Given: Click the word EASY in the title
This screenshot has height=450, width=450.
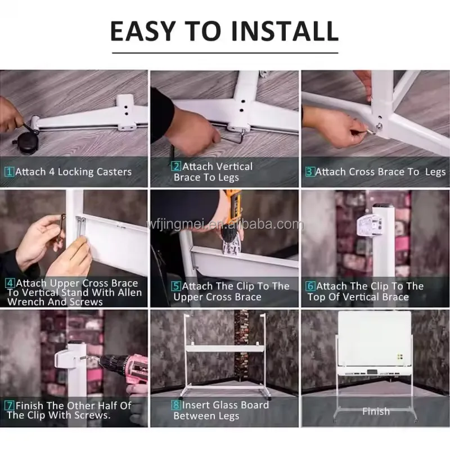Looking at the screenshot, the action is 143,31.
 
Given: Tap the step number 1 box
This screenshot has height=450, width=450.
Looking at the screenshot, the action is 9,172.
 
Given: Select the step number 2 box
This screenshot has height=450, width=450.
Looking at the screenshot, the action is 176,166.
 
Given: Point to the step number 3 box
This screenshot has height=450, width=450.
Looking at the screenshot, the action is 310,172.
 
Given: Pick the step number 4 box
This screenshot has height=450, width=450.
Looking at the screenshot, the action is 10,283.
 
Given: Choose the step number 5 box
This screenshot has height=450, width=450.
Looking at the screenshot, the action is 176,286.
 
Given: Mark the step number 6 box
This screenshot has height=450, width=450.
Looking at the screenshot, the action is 310,286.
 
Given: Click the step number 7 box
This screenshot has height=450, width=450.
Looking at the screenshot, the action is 10,406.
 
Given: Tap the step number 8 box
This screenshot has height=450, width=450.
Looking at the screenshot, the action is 176,405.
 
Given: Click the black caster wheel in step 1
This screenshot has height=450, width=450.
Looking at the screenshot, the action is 26,142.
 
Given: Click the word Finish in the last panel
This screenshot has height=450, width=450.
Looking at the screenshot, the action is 376,412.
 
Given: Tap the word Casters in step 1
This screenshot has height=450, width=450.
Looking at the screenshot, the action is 114,172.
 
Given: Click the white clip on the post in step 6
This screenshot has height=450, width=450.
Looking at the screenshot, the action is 370,226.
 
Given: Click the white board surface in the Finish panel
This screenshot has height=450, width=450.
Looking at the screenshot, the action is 375,338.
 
